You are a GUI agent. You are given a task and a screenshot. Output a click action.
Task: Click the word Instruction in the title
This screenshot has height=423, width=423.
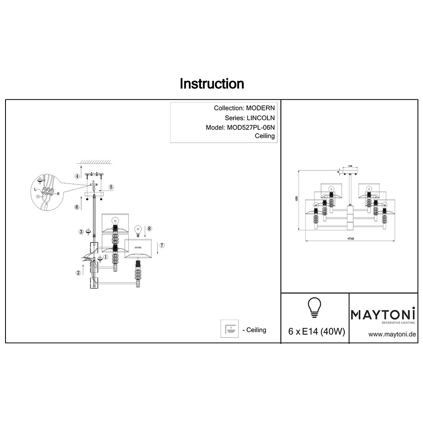click(212, 84)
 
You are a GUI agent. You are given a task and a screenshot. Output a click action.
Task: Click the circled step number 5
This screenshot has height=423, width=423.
click(111, 187)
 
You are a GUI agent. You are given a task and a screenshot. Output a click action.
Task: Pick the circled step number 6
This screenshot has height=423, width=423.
click(77, 207)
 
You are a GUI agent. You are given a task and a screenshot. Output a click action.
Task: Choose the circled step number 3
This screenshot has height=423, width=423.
click(81, 231)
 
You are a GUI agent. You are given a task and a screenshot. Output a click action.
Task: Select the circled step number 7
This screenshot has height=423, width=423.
click(162, 245)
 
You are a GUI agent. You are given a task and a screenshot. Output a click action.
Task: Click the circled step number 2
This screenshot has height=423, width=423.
click(78, 273)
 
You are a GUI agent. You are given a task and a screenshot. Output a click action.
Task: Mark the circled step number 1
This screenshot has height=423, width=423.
click(105, 257)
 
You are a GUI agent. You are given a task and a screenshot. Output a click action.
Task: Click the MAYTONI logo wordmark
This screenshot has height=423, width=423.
click(383, 315)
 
